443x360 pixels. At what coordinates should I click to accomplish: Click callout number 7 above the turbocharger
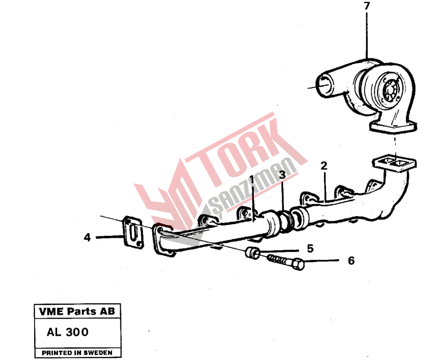(367, 6)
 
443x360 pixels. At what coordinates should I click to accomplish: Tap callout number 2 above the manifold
(324, 165)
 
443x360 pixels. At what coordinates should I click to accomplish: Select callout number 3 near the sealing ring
(282, 175)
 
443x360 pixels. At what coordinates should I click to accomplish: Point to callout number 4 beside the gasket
(87, 237)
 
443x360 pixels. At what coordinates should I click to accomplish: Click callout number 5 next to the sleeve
(310, 249)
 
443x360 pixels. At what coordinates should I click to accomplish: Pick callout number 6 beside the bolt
(351, 260)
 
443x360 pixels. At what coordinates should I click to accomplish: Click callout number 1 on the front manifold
(252, 180)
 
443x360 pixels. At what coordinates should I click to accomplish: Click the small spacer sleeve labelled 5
(252, 253)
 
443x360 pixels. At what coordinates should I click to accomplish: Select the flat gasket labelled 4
(133, 233)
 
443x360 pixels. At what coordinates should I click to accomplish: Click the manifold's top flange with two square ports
(394, 163)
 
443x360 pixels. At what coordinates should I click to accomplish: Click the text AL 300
(68, 332)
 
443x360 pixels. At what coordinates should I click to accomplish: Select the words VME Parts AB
(77, 311)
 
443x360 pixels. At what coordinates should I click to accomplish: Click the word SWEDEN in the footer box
(98, 353)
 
